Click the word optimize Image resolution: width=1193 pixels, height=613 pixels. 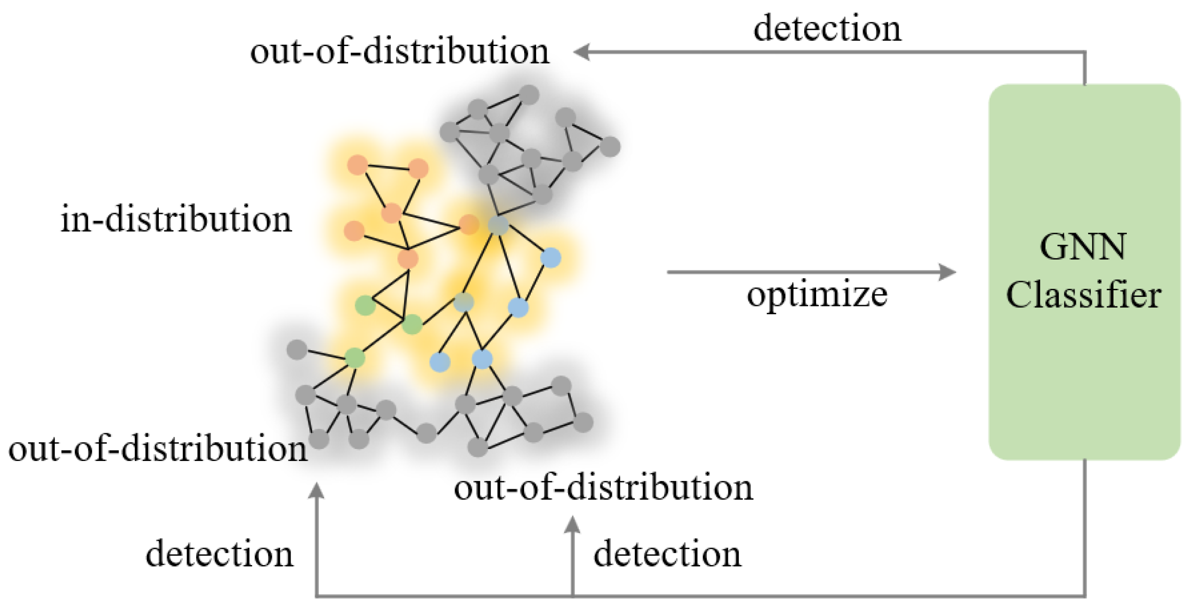point(817,295)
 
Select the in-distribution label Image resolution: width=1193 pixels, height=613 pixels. point(176,220)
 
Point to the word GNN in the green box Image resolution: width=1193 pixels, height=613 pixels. point(1083,248)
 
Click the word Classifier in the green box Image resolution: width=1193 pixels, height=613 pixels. point(1084,295)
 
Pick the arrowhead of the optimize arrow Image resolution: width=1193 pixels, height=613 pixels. point(947,272)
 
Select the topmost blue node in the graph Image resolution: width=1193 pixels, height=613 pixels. point(550,258)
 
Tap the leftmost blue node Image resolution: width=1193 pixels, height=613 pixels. point(440,362)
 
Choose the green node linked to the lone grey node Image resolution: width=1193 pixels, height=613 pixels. point(355,358)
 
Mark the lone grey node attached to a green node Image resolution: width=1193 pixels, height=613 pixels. point(297,349)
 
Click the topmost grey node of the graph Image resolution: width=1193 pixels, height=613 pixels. point(529,94)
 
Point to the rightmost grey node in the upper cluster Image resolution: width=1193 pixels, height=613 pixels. point(610,146)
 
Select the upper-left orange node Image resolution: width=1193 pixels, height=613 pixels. point(357,165)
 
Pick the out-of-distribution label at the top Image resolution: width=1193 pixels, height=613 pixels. point(399,51)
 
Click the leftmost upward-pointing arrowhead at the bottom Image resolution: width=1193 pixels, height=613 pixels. point(316,491)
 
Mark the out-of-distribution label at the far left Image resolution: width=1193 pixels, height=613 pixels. point(158,449)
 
